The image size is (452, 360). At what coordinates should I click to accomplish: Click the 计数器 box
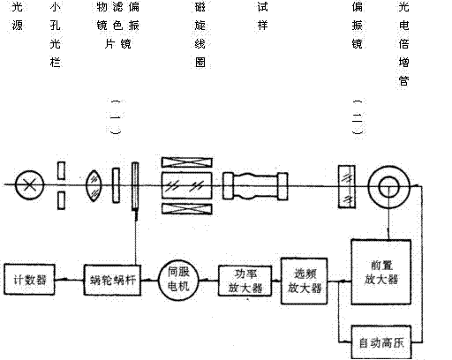[x=29, y=279]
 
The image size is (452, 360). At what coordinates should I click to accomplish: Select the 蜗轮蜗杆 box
[x=112, y=280]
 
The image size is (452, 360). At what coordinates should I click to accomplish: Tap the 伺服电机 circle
[x=178, y=280]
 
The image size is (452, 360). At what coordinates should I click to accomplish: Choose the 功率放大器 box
[x=245, y=281]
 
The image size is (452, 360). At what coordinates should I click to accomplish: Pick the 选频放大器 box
[x=304, y=281]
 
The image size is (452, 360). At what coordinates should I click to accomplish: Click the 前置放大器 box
[x=381, y=272]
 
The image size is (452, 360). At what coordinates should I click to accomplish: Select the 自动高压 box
[x=381, y=342]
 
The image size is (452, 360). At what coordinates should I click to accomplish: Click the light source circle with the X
[x=29, y=185]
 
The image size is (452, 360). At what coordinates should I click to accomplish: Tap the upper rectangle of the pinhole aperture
[x=61, y=170]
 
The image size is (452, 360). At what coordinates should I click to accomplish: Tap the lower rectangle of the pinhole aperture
[x=61, y=200]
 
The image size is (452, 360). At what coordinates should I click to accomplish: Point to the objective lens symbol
[x=94, y=185]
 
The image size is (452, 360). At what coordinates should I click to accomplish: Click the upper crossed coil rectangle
[x=187, y=162]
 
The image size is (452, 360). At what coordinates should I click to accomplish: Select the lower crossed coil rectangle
[x=187, y=208]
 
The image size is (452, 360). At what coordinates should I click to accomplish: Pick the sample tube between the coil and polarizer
[x=255, y=186]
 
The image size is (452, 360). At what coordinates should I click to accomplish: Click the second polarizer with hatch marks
[x=347, y=187]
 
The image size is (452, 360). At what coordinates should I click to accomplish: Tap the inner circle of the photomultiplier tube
[x=388, y=187]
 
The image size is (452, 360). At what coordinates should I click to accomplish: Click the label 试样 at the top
[x=262, y=16]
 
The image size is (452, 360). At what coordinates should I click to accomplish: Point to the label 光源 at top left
[x=18, y=16]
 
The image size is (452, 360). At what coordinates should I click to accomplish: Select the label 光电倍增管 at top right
[x=403, y=43]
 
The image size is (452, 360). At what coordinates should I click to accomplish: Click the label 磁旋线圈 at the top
[x=200, y=34]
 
